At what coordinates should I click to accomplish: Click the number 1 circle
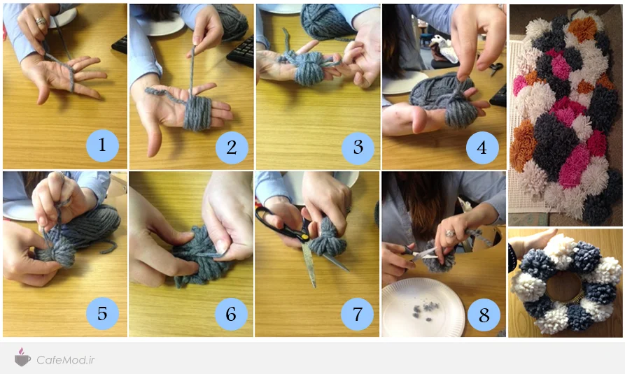tap(102, 145)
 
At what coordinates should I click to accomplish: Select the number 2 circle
tap(232, 148)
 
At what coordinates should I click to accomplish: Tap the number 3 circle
tap(358, 148)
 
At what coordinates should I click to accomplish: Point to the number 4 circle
tap(482, 148)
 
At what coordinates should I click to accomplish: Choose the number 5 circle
tap(102, 313)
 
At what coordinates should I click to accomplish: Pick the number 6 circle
tap(231, 314)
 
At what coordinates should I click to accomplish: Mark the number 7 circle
tap(357, 315)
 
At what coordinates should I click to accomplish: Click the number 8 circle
tap(484, 315)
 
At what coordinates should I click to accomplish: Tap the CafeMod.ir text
tap(66, 360)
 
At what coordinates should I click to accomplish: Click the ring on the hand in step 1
tap(41, 21)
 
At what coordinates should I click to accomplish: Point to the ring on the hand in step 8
tap(449, 233)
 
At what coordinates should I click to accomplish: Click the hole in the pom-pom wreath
tap(563, 287)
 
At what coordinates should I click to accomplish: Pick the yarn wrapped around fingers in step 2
tap(197, 113)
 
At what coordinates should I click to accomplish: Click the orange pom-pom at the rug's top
tap(582, 29)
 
